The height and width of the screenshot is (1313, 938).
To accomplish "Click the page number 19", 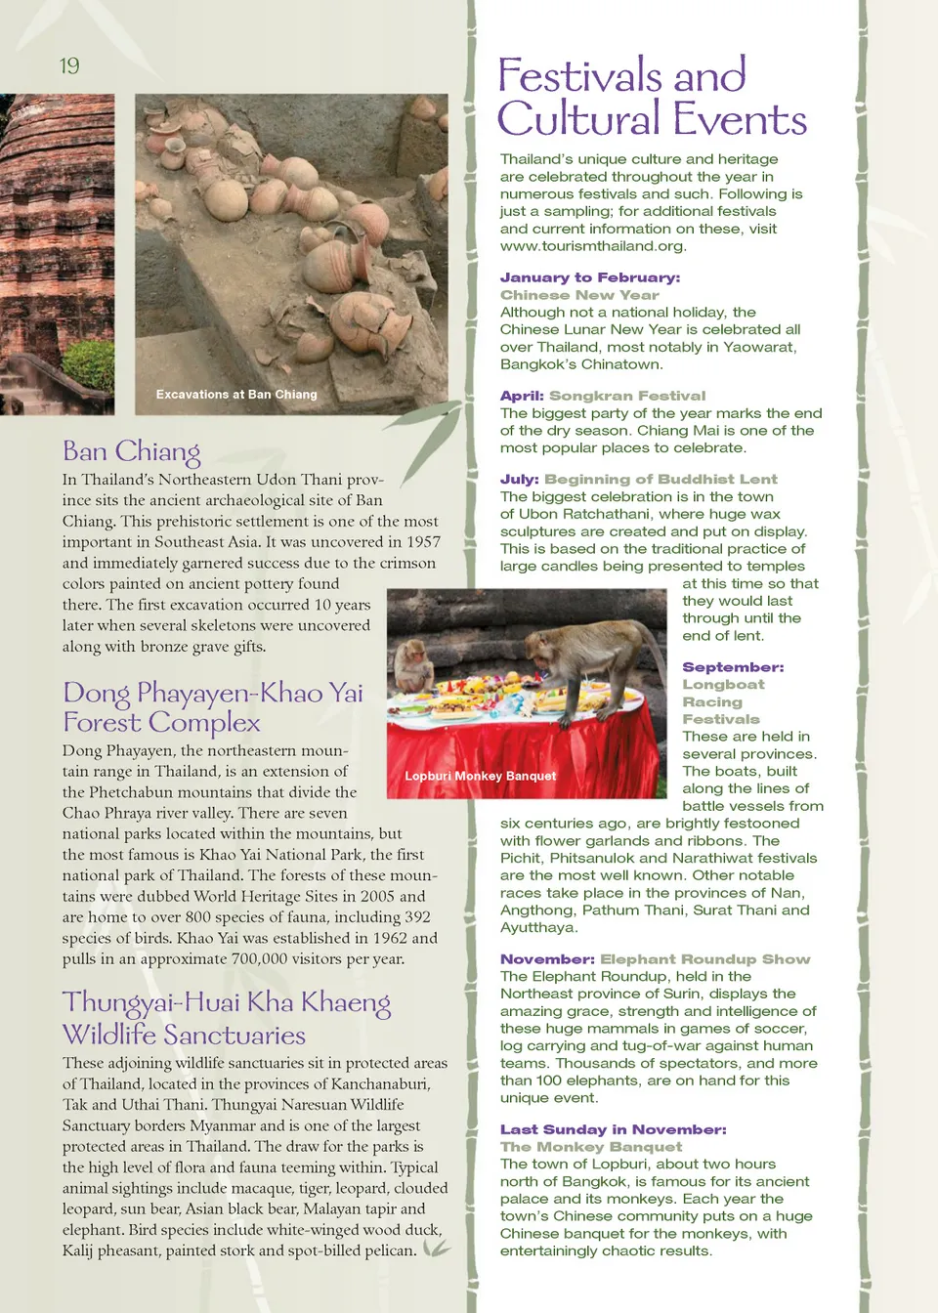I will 69,65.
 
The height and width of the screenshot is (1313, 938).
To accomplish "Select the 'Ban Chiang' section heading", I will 131,451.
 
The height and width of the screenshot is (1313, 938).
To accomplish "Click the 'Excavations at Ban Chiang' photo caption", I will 236,395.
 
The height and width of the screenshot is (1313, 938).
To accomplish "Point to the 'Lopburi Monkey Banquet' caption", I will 480,776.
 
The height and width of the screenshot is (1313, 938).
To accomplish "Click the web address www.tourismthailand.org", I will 593,246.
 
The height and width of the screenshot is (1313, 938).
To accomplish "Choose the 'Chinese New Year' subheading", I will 579,295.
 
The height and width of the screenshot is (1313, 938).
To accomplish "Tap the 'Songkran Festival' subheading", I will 626,396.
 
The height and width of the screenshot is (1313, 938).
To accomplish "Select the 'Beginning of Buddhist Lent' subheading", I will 661,480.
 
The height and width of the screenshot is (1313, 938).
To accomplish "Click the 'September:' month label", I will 733,667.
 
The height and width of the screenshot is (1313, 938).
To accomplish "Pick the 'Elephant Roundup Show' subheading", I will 704,959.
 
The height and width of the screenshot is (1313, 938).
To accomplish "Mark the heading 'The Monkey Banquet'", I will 591,1147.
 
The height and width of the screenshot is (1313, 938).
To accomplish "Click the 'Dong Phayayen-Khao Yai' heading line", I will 212,693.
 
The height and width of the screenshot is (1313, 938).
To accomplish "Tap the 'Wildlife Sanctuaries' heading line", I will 184,1035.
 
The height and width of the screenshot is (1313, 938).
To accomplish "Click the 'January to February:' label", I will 590,277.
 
